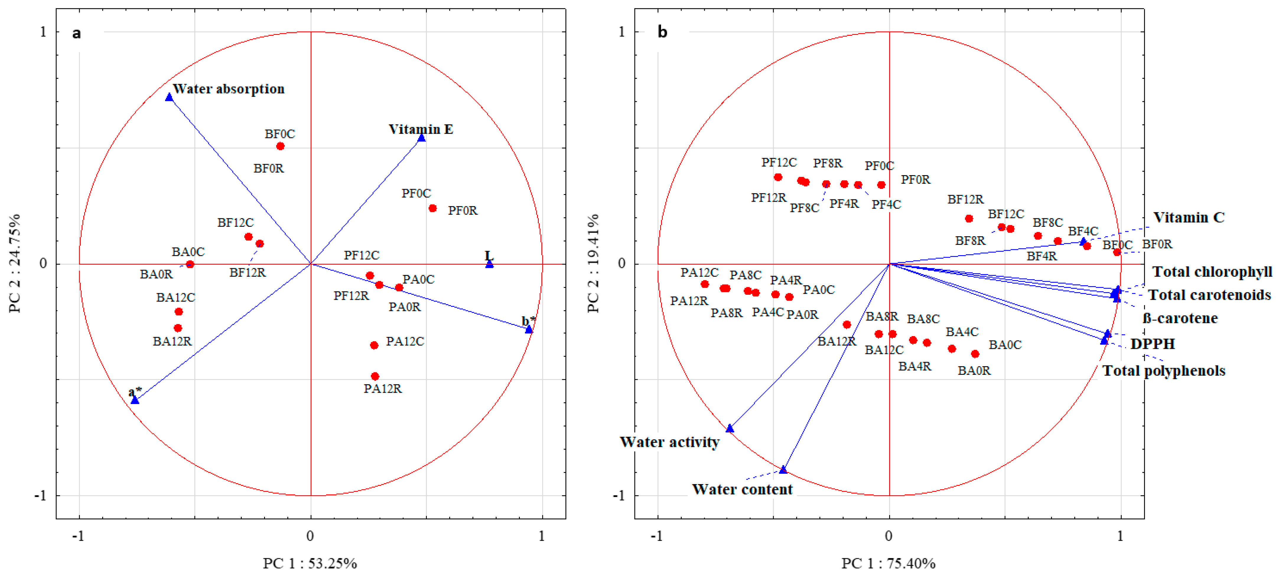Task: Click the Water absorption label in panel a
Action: click(x=228, y=89)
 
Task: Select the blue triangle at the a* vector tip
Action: click(x=135, y=399)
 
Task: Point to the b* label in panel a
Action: click(x=528, y=321)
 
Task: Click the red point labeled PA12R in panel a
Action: click(x=375, y=376)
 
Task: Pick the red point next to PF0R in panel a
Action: click(x=432, y=208)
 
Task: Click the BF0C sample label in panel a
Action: click(x=279, y=134)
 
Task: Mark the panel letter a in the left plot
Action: click(x=77, y=33)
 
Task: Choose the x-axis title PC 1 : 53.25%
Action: click(x=310, y=563)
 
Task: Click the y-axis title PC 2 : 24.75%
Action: click(x=15, y=263)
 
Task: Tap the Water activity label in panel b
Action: click(x=669, y=442)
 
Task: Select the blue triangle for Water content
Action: click(x=783, y=470)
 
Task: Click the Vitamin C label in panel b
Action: click(x=1189, y=217)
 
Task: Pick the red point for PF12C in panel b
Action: click(x=778, y=177)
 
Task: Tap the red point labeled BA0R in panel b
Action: click(x=975, y=354)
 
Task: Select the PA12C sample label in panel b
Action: click(x=699, y=273)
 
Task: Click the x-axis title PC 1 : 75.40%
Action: click(x=888, y=563)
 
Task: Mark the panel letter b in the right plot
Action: click(x=662, y=32)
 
